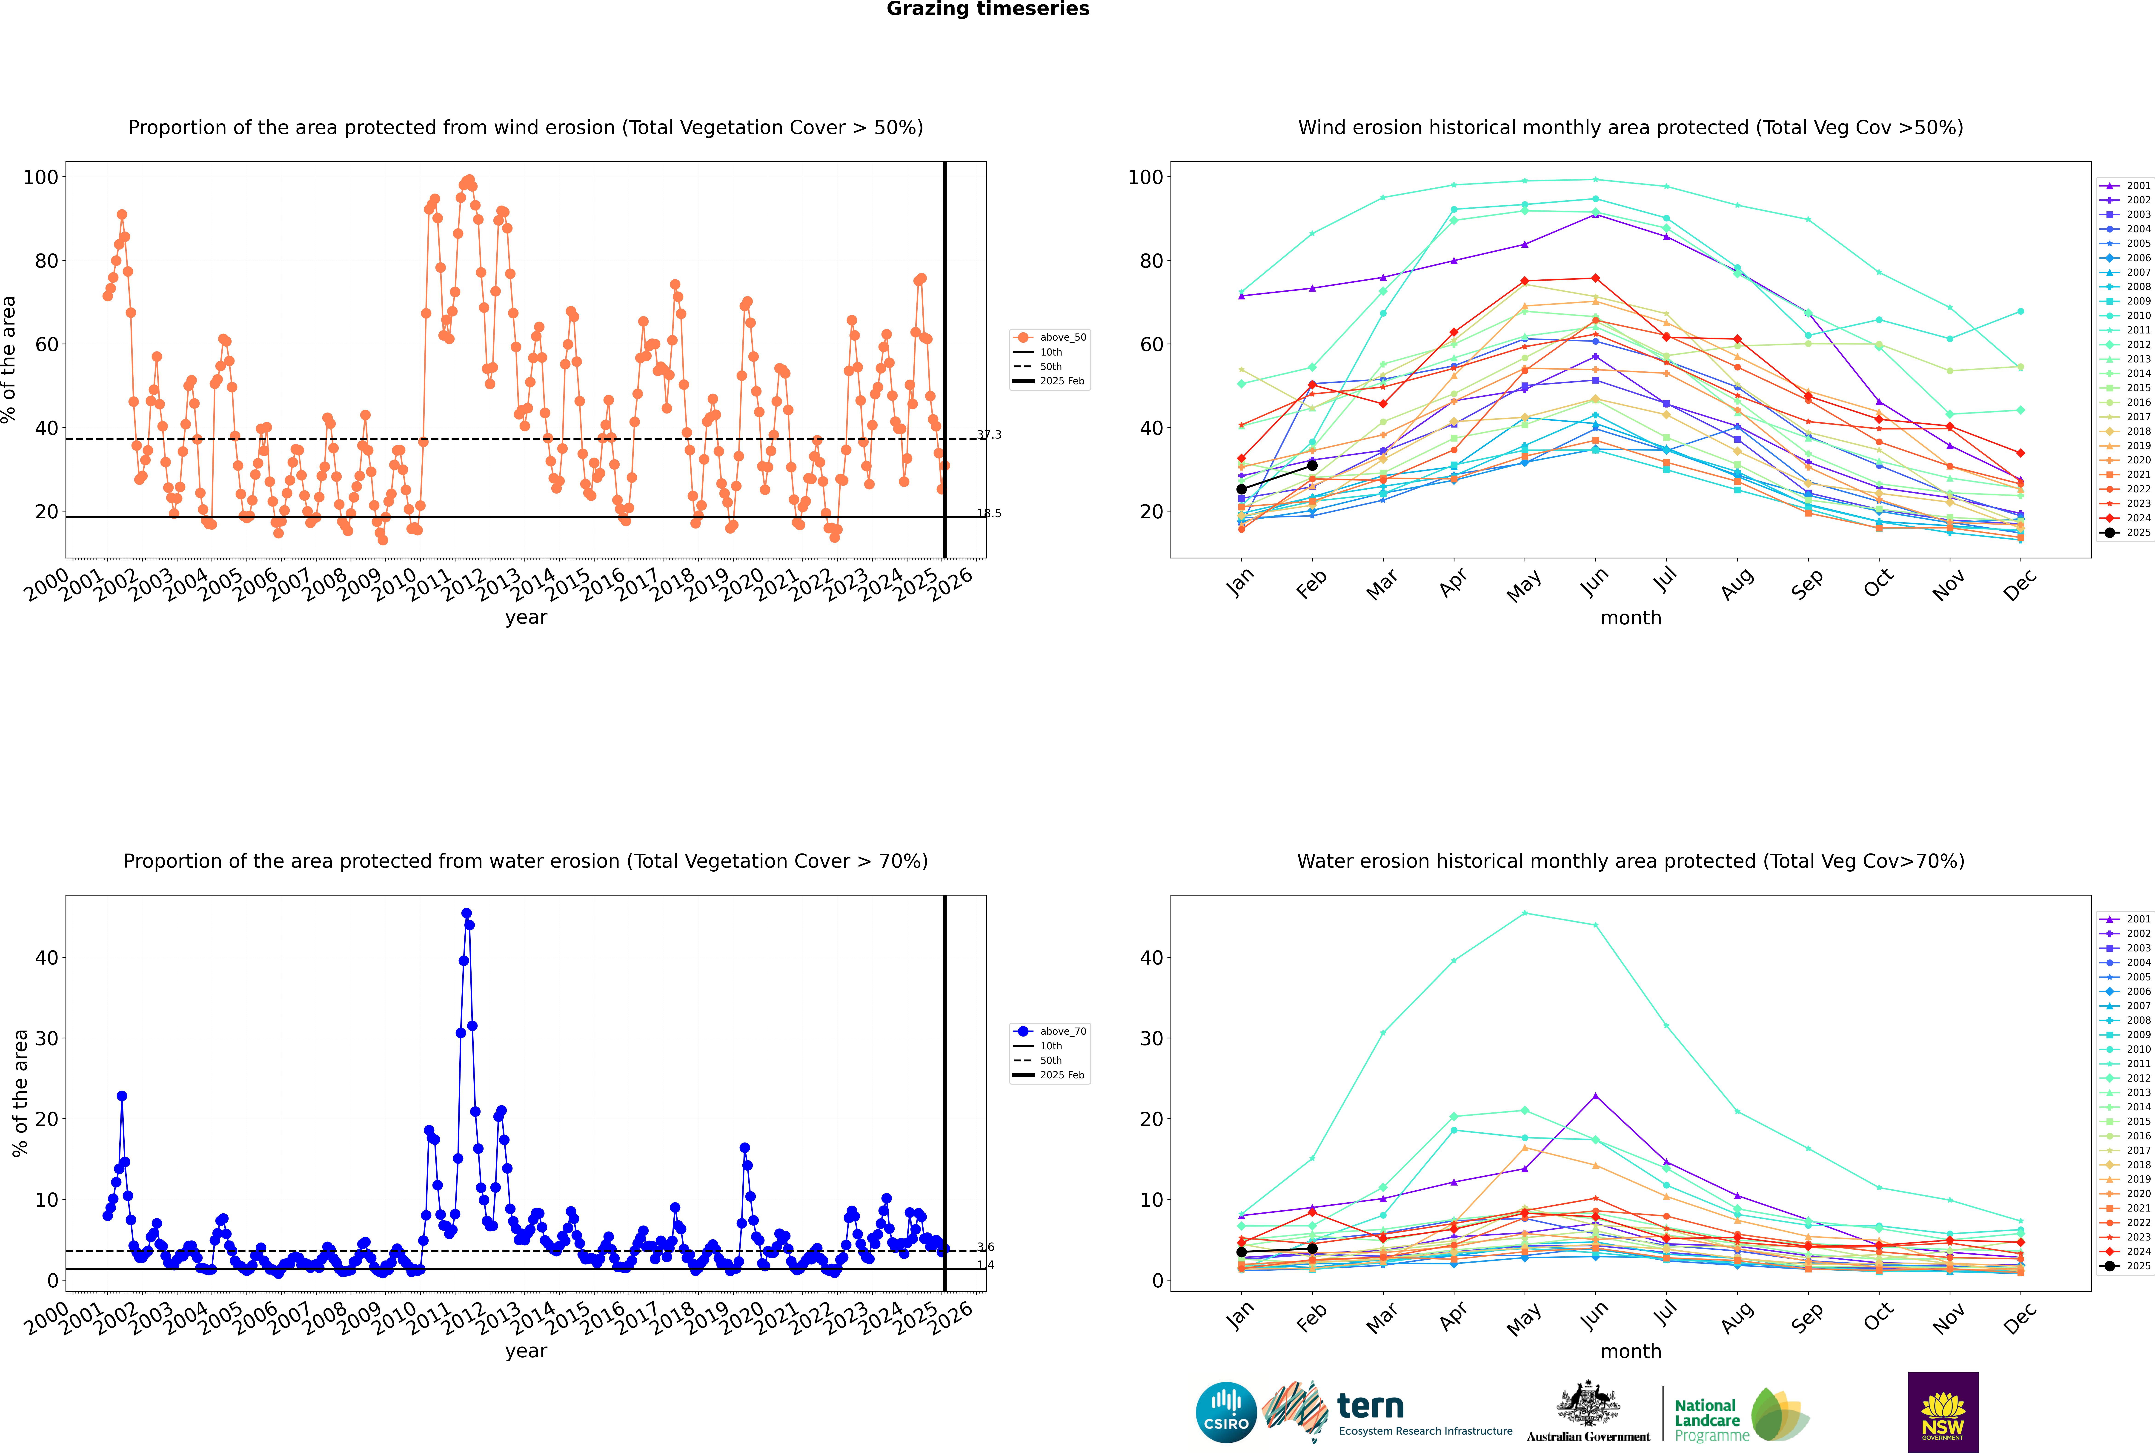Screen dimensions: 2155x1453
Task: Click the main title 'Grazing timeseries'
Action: tap(988, 9)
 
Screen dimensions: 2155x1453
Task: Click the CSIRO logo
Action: tap(1226, 1412)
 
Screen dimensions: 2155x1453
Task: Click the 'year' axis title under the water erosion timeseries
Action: tap(526, 1351)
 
